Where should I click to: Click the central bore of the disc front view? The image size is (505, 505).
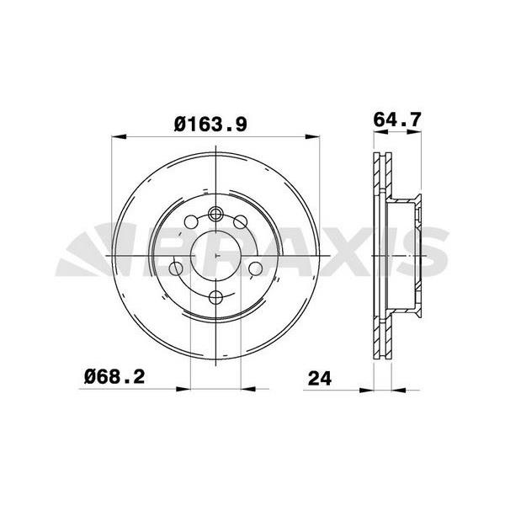click(x=216, y=253)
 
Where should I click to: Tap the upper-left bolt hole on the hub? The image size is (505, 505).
click(x=191, y=221)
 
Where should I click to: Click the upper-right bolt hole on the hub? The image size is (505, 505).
click(x=241, y=221)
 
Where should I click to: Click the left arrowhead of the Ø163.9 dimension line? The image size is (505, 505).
click(x=117, y=136)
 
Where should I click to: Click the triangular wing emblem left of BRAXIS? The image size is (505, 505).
click(x=93, y=253)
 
